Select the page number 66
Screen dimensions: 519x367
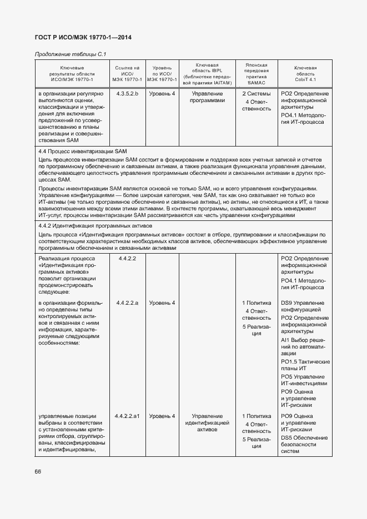(x=38, y=471)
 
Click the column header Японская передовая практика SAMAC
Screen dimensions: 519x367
(x=257, y=73)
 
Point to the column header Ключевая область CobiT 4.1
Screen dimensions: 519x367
(x=305, y=73)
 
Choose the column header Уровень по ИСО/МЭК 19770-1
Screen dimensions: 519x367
(x=162, y=73)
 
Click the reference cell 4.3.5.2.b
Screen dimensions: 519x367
(x=128, y=94)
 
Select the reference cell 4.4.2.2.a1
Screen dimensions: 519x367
(x=128, y=416)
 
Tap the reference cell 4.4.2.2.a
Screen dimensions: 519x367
(x=128, y=303)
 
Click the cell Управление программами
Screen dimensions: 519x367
(x=207, y=98)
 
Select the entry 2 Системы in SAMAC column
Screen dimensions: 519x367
(x=257, y=94)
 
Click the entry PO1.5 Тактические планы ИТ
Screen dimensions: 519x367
(x=305, y=365)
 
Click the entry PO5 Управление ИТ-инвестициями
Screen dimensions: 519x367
(x=304, y=380)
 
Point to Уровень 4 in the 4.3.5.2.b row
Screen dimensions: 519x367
(x=162, y=94)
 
